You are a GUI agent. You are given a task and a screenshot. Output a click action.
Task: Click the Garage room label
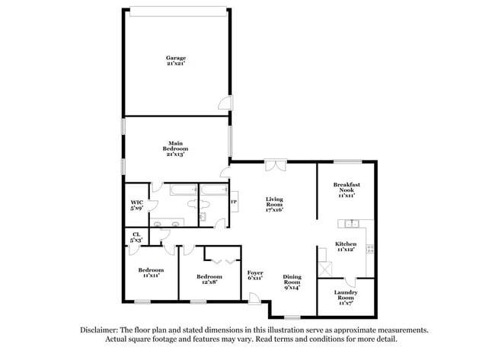[177, 61]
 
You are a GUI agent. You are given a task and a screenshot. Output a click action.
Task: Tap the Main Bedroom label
[177, 148]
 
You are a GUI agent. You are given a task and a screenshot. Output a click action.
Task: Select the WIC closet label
[137, 205]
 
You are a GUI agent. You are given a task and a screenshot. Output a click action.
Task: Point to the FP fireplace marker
[234, 202]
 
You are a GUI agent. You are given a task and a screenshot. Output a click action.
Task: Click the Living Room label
[274, 203]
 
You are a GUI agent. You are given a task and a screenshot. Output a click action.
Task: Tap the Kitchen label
[346, 247]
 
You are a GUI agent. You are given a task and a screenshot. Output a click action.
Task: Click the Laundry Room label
[346, 295]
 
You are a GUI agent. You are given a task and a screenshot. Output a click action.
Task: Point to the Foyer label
[254, 275]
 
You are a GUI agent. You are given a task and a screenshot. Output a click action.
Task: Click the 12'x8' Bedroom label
[209, 279]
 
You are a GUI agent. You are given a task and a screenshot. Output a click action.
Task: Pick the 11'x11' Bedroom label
[150, 272]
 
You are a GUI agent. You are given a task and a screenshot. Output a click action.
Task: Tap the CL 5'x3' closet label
[136, 237]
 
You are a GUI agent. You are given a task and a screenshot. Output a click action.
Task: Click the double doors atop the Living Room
[274, 165]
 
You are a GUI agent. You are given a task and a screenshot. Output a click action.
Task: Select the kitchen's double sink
[351, 223]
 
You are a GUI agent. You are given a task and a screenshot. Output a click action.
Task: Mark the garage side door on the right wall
[222, 104]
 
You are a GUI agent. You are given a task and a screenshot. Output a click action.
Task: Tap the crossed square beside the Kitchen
[326, 268]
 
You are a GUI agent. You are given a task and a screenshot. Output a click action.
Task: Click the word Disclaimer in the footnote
[101, 330]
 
